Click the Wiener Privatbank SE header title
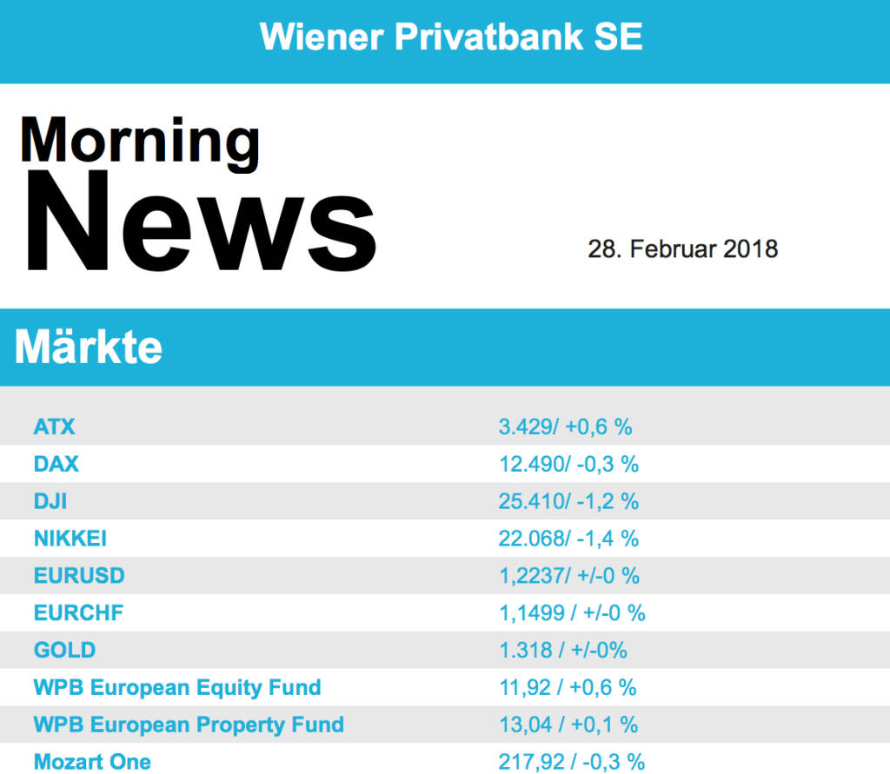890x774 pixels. (451, 37)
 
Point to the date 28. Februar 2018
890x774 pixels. (682, 249)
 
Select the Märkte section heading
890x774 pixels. (89, 347)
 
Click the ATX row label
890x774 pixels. (55, 427)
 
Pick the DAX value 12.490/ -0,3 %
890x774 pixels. (568, 464)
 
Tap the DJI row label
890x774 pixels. (50, 501)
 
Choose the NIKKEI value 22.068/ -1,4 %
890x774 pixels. (568, 539)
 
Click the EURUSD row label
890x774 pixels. (79, 576)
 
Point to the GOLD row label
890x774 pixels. (64, 650)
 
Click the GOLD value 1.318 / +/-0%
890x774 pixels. (562, 650)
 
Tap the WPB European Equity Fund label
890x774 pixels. (177, 687)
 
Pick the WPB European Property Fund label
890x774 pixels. (189, 724)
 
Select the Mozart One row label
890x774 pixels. (92, 762)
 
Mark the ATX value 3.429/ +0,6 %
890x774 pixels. (565, 427)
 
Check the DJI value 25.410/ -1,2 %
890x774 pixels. (568, 501)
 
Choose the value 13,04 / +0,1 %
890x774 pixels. (568, 724)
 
